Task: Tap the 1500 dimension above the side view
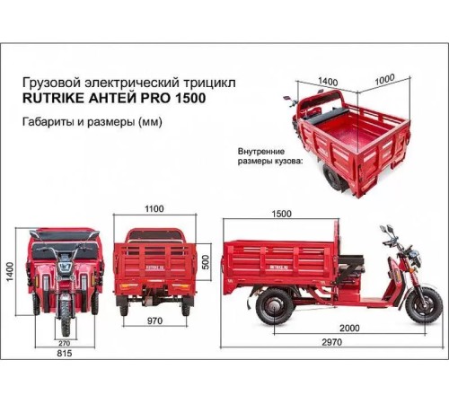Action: [281, 214]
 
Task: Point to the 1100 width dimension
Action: [154, 209]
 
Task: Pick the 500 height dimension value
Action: [205, 261]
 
